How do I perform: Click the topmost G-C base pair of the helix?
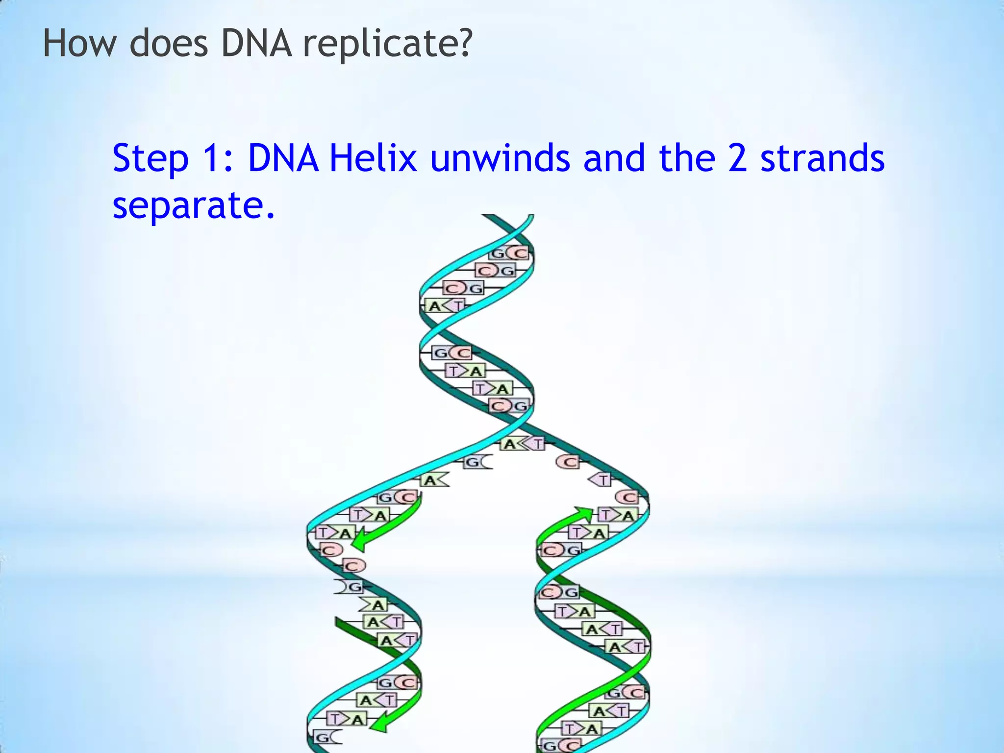(510, 253)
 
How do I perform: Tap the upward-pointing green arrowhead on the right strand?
(584, 514)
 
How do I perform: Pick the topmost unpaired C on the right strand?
(568, 462)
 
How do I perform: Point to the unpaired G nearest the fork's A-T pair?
(477, 462)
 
